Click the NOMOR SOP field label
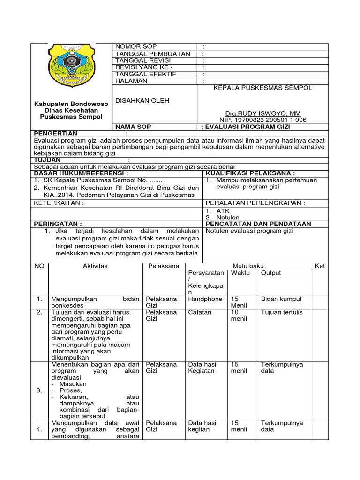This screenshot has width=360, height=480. pyautogui.click(x=133, y=46)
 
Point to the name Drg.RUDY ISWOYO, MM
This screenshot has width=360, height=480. pyautogui.click(x=263, y=113)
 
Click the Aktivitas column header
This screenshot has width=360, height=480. pyautogui.click(x=95, y=266)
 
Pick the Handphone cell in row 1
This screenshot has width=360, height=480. pyautogui.click(x=204, y=299)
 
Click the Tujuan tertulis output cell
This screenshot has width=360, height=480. pyautogui.click(x=282, y=312)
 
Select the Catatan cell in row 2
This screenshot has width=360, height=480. pyautogui.click(x=200, y=312)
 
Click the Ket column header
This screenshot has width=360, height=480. pyautogui.click(x=320, y=266)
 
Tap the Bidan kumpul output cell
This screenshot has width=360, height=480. pyautogui.click(x=281, y=299)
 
